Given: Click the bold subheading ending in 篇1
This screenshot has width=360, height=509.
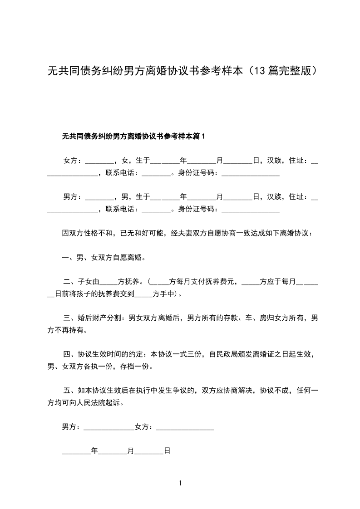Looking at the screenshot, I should click(x=133, y=136).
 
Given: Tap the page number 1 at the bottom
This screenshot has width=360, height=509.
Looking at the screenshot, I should click(x=180, y=484).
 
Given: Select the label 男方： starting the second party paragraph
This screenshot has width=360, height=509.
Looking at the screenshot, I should click(x=73, y=196).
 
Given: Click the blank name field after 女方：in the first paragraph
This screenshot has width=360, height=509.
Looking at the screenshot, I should click(x=99, y=161).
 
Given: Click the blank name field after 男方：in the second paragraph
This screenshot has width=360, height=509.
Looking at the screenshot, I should click(x=99, y=197).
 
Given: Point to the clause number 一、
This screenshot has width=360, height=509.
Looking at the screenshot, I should click(x=69, y=258).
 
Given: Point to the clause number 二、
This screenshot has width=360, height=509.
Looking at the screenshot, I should click(x=70, y=281).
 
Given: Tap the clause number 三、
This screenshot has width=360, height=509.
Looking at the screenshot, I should click(x=70, y=318).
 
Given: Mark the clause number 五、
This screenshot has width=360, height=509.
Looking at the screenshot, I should click(x=70, y=390).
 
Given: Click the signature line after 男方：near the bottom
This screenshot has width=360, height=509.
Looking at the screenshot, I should click(x=109, y=427).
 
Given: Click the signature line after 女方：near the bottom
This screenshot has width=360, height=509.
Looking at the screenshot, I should click(x=185, y=427).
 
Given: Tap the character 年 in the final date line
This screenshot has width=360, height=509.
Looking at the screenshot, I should click(x=94, y=451).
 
